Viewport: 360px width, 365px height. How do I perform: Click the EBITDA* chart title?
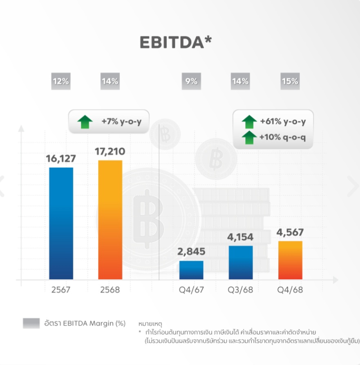[x=176, y=42]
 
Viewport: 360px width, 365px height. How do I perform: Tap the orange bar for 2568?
[x=110, y=220]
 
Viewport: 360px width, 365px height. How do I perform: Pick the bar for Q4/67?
[x=191, y=270]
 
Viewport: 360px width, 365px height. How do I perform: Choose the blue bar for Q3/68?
[x=241, y=263]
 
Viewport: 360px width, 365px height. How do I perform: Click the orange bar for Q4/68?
[x=290, y=260]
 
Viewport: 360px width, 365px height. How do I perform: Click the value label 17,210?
[x=110, y=151]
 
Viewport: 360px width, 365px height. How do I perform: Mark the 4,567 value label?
[x=290, y=232]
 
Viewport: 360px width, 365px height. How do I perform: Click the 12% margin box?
[x=60, y=81]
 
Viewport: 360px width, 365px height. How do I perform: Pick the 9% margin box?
[x=191, y=81]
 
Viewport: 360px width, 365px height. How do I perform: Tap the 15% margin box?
[x=290, y=81]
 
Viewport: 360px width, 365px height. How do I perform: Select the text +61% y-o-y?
[x=283, y=121]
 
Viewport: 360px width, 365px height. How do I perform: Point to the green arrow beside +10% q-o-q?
[x=249, y=138]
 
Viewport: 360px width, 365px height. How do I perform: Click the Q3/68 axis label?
[x=241, y=290]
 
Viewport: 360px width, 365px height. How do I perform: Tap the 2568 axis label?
[x=110, y=290]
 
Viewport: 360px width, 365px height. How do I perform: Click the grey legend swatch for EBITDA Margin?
[x=31, y=323]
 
